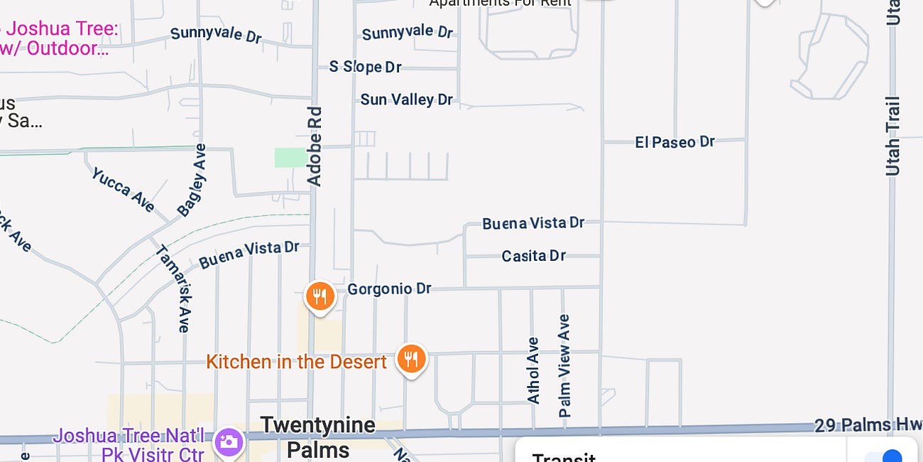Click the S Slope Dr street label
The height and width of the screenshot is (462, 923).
point(365,67)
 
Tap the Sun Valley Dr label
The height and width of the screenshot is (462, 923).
point(406,100)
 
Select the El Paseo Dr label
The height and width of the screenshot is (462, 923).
point(674,142)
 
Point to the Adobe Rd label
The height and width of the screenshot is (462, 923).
point(315,146)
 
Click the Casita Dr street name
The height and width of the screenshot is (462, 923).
point(533,256)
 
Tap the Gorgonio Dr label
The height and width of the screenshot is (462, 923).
point(389,289)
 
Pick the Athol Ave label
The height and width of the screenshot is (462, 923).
point(533,370)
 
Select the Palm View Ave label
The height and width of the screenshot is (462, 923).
point(564,365)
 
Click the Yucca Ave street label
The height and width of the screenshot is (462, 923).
point(123,190)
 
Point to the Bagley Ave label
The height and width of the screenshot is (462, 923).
point(192,181)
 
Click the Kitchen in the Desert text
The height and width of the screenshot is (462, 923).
point(296,362)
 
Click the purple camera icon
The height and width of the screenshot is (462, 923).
point(229,441)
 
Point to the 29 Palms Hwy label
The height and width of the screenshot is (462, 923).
point(862,426)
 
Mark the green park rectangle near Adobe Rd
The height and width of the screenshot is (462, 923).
point(289,157)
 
